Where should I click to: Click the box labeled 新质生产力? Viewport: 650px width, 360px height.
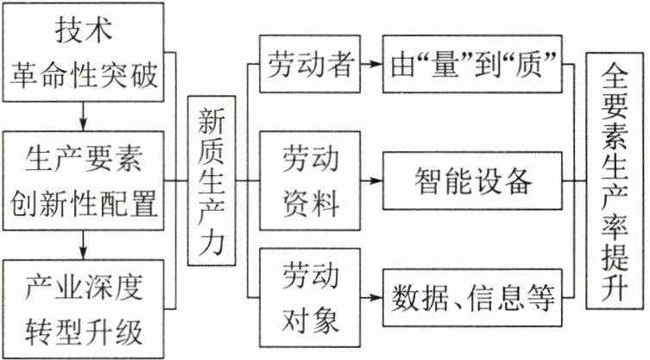(x=211, y=181)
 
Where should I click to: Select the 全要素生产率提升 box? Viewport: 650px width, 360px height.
(x=616, y=181)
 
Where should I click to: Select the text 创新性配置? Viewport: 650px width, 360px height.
(x=84, y=204)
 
